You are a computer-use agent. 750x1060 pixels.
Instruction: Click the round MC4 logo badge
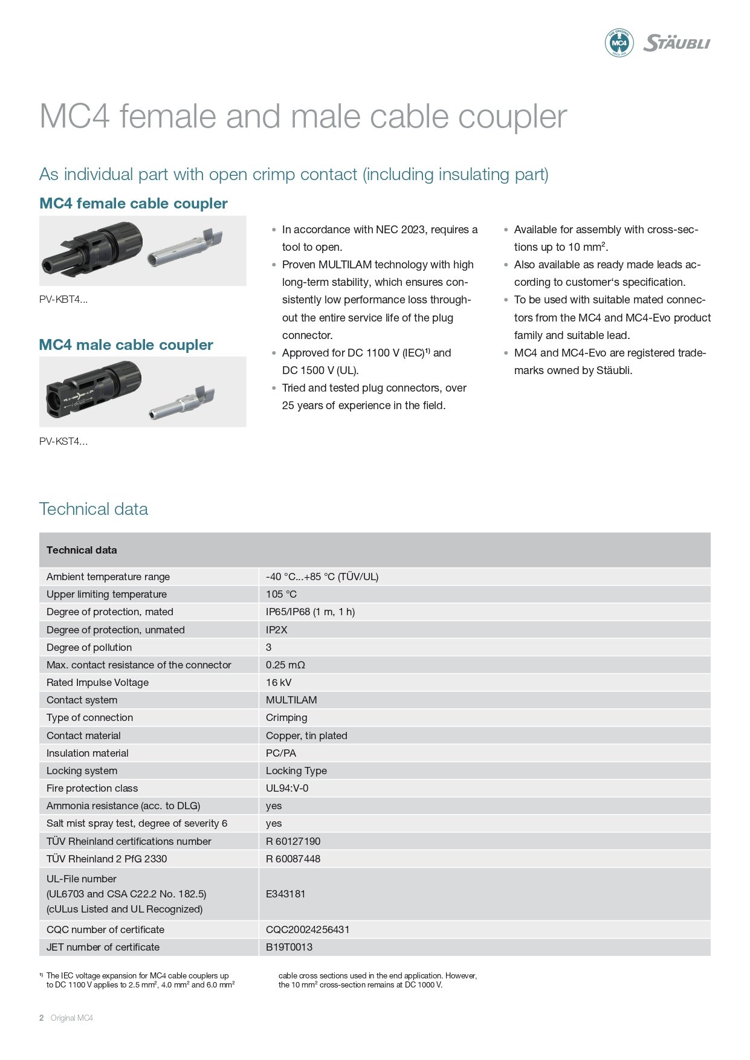[619, 43]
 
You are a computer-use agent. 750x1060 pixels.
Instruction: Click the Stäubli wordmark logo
[676, 43]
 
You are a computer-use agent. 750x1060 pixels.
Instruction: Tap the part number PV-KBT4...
[63, 299]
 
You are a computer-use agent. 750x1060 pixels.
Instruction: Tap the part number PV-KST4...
[63, 441]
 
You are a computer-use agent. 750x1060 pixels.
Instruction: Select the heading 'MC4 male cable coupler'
[126, 344]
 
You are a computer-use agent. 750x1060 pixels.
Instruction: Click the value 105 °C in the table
[281, 594]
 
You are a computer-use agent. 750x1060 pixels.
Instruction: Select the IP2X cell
[276, 630]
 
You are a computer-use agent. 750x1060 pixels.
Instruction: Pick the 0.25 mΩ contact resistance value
[285, 665]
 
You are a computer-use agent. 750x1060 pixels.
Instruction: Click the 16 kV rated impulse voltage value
[279, 682]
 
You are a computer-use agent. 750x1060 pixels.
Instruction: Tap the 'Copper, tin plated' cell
[306, 735]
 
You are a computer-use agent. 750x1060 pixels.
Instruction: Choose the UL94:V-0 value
[287, 788]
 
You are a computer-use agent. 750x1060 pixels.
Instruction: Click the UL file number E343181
[285, 894]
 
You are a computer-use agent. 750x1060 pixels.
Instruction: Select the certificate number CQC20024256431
[308, 929]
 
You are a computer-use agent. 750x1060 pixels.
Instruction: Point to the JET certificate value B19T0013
[289, 947]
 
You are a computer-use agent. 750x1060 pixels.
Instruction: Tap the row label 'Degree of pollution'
[89, 647]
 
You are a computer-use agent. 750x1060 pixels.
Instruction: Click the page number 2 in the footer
[42, 1018]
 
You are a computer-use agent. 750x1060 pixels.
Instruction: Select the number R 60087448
[293, 859]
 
